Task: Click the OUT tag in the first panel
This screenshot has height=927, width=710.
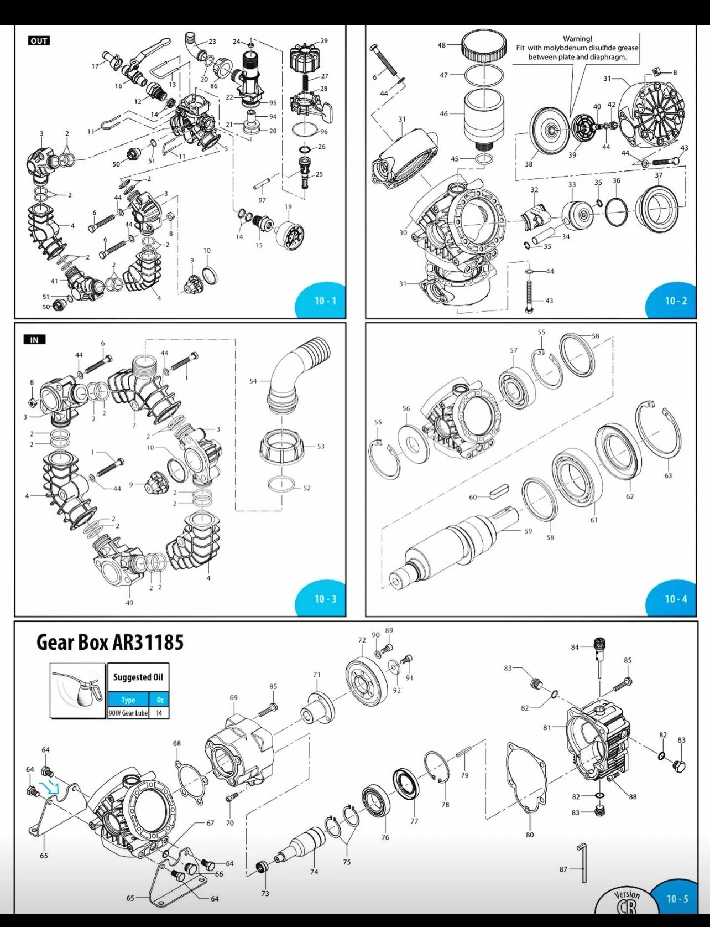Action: [x=39, y=40]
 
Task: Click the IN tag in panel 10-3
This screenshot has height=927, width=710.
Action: [x=34, y=339]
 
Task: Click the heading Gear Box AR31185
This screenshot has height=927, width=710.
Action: [x=109, y=643]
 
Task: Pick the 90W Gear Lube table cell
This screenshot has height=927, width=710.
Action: [x=128, y=713]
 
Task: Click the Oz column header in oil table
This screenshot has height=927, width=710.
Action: [x=159, y=700]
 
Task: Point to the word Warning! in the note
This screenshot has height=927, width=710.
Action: [x=577, y=39]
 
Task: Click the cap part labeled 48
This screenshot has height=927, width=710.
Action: [x=484, y=46]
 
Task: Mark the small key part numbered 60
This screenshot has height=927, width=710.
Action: [x=499, y=489]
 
